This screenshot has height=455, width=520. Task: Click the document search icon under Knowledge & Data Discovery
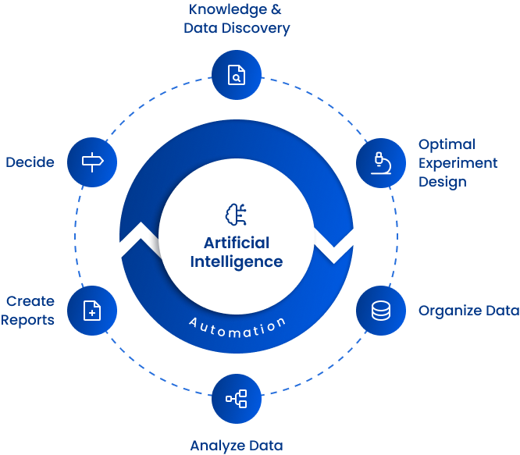pos(236,75)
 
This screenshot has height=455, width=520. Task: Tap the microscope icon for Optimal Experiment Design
pos(380,162)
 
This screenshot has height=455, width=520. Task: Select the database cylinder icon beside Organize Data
pos(380,311)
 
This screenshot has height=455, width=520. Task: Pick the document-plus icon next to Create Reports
pos(92,311)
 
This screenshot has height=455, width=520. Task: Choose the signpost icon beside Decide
pos(92,162)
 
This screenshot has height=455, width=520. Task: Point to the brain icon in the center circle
pos(236,215)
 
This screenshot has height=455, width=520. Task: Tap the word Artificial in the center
pos(237,242)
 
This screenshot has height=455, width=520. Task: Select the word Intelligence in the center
pos(237,261)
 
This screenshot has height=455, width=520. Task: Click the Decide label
pos(30,162)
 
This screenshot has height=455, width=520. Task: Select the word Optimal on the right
pos(447,144)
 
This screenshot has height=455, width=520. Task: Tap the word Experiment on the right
pos(458,163)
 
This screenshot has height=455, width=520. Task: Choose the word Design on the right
pos(442,182)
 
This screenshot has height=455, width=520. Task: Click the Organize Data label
pos(468,311)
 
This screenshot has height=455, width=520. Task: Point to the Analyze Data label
pos(236,446)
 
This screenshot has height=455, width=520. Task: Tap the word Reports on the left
pos(28,320)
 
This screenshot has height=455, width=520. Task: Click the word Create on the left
pos(31,301)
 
